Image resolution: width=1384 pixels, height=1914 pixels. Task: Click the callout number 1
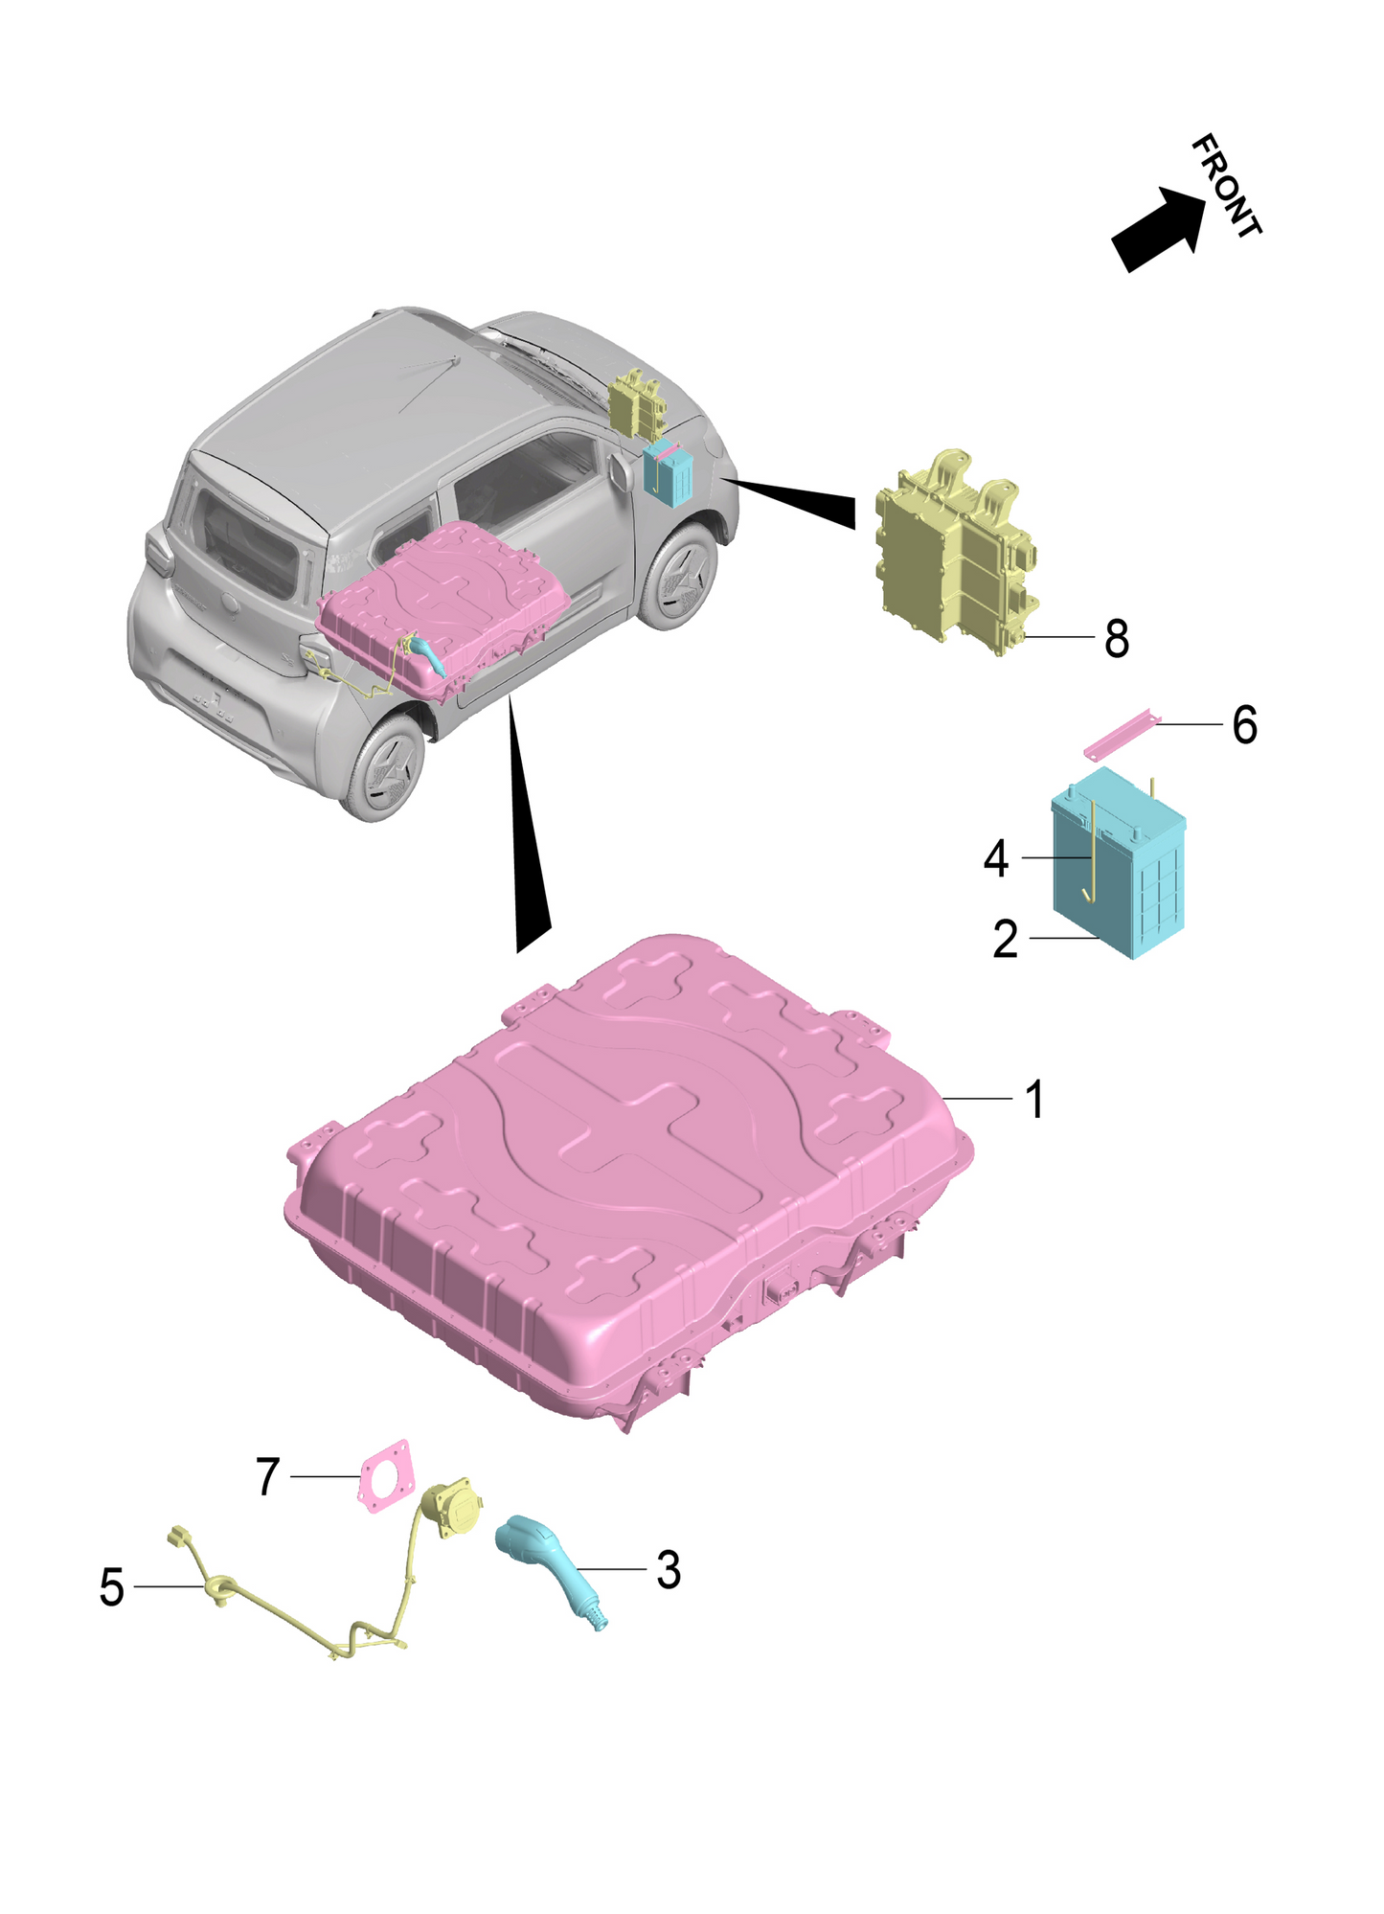pos(1034,1099)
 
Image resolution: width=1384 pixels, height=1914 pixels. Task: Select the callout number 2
pos(1005,939)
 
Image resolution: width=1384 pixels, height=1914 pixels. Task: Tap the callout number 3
pos(669,1570)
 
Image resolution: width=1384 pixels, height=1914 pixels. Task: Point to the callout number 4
pos(996,858)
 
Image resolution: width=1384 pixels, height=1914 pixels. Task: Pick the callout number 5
pos(112,1587)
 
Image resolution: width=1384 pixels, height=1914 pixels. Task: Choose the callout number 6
pos(1244,725)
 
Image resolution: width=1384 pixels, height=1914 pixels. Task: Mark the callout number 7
pos(268,1476)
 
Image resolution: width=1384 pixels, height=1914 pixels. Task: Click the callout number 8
pos(1117,638)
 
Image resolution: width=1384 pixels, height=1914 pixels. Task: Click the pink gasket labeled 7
pos(389,1474)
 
